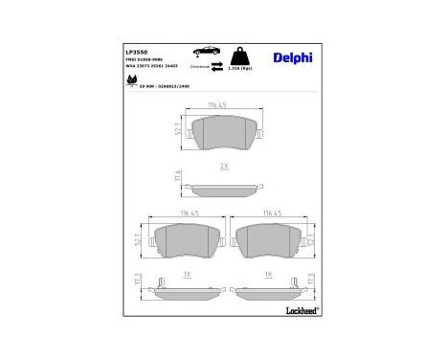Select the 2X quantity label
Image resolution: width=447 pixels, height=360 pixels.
point(224,166)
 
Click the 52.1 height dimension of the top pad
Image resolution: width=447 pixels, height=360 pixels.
point(178,130)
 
